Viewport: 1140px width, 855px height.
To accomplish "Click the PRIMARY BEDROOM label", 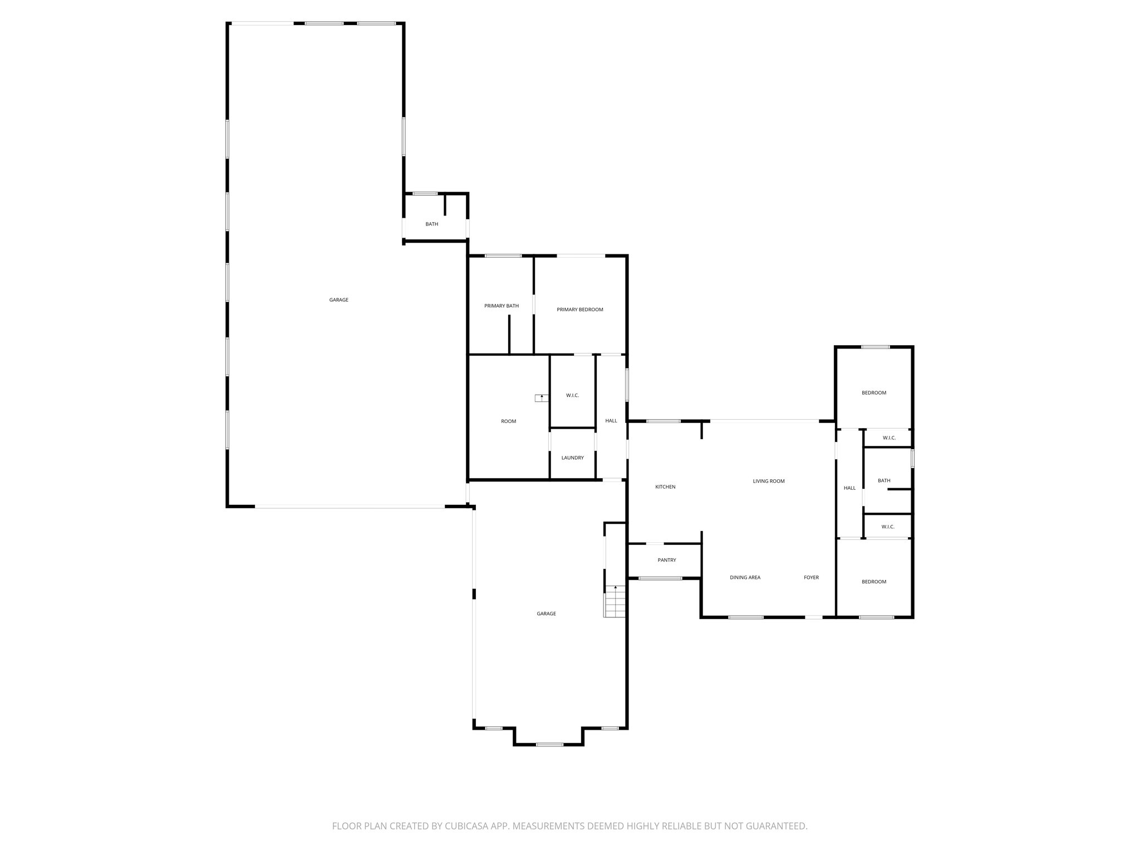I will coord(579,309).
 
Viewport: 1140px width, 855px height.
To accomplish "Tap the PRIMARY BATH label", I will coord(501,306).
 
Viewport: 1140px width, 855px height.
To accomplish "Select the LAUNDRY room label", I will coord(572,458).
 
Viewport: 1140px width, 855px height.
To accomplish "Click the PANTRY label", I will coord(666,560).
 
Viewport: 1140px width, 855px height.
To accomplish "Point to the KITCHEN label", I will coord(665,487).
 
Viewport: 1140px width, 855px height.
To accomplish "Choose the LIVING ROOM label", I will coord(768,481).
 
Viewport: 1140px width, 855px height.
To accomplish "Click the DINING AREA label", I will coord(745,577).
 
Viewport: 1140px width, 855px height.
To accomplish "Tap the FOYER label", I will coord(811,577).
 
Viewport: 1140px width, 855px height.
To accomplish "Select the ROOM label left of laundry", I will coord(508,421).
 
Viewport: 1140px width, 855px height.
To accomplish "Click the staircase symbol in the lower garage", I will coord(615,602).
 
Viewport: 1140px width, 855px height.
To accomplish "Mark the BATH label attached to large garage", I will coord(431,224).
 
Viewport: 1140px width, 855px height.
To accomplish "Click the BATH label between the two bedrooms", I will coord(883,480).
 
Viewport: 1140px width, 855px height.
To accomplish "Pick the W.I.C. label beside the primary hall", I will coord(572,395).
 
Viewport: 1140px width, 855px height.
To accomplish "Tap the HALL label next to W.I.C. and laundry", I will coord(611,421).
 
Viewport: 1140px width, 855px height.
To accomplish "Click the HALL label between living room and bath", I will coord(849,488).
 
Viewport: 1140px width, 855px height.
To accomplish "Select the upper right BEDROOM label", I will coord(873,393).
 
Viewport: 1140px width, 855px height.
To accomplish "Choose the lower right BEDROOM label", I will coord(873,582).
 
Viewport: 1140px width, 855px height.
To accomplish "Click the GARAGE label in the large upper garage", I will coord(338,300).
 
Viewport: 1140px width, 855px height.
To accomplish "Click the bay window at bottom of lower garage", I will coord(549,745).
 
